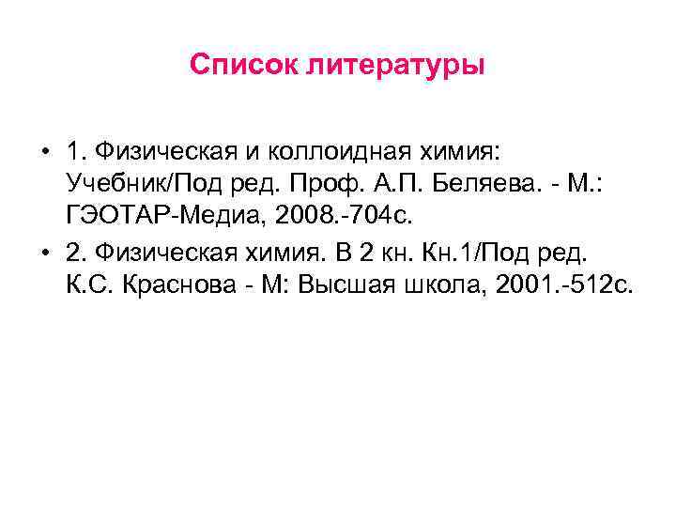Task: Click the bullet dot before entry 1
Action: (44, 152)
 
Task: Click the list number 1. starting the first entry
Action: (77, 152)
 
